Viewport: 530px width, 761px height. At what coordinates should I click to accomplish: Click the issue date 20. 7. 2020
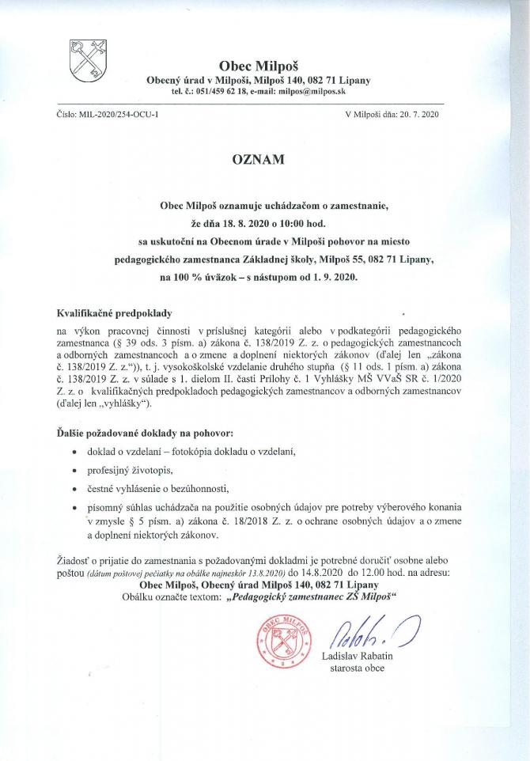click(x=425, y=115)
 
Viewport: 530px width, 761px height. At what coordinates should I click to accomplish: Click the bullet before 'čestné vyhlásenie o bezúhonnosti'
click(x=74, y=490)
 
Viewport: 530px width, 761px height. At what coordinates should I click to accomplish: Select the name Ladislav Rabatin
click(x=358, y=657)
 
